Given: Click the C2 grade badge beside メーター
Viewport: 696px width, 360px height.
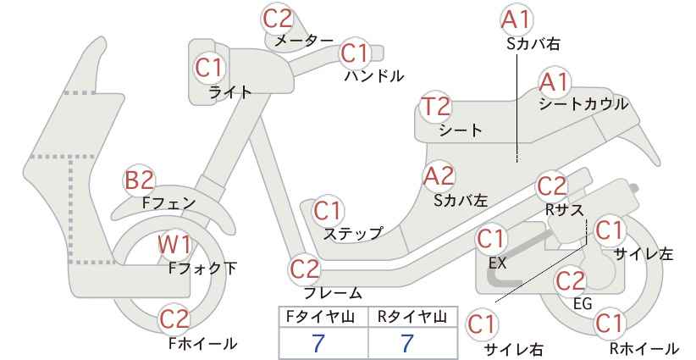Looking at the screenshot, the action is (x=278, y=19).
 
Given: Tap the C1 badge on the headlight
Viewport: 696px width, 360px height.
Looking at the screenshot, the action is (x=209, y=68).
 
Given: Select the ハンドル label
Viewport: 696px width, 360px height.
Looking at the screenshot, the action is (x=374, y=76).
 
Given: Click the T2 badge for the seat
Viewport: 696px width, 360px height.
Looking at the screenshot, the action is (x=436, y=107).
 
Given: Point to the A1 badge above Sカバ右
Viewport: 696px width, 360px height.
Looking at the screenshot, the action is (x=516, y=19).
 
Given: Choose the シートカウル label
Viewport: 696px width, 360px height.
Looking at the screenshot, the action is (x=583, y=104).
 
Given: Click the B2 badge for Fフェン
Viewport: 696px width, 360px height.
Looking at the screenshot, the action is (x=139, y=180).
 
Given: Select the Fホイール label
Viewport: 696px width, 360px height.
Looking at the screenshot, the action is (x=203, y=343).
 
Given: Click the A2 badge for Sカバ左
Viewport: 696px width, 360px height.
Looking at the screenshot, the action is (x=439, y=176).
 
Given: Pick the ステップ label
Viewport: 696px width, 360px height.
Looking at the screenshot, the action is (x=352, y=234).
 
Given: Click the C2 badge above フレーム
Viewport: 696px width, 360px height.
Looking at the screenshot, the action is (x=305, y=269).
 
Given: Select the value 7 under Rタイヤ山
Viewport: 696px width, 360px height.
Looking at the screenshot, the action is (x=407, y=343).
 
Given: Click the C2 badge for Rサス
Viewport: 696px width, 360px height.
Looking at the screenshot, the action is (x=552, y=186).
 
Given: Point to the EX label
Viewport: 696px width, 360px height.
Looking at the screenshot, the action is (x=497, y=263).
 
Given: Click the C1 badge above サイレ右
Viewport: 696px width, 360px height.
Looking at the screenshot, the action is (x=481, y=325).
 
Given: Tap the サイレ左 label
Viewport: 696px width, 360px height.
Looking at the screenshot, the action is (x=644, y=253).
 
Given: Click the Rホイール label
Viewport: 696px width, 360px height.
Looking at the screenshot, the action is (x=644, y=348).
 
